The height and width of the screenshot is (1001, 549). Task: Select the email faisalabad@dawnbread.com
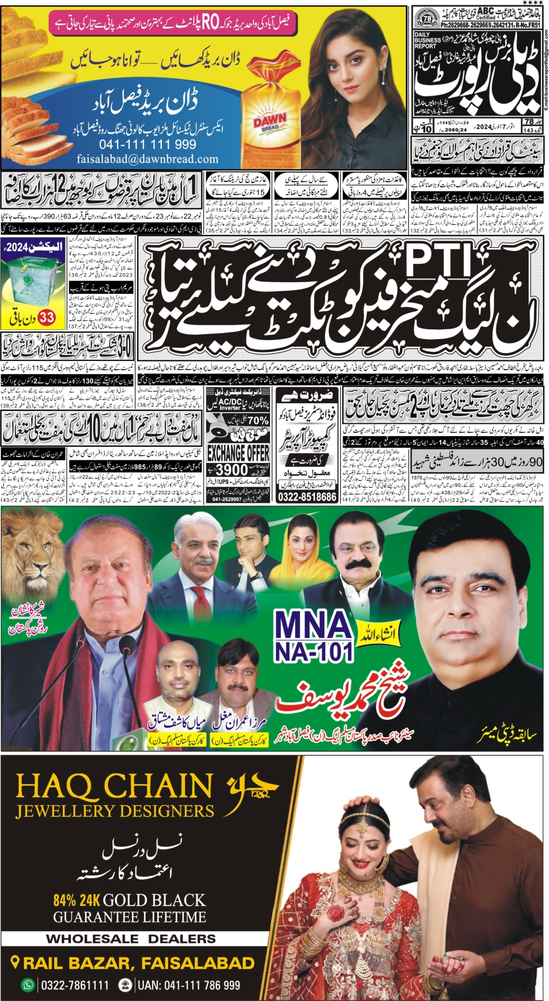pyautogui.click(x=147, y=159)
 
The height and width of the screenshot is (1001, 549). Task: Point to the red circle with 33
pyautogui.click(x=47, y=318)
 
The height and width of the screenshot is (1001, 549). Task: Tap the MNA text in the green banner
pyautogui.click(x=313, y=627)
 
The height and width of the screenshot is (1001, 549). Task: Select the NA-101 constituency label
pyautogui.click(x=313, y=651)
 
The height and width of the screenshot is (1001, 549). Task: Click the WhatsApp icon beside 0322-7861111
pyautogui.click(x=27, y=985)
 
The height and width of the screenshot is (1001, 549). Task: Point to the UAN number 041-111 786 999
pyautogui.click(x=188, y=985)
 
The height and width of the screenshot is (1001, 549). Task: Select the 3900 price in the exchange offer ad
pyautogui.click(x=232, y=469)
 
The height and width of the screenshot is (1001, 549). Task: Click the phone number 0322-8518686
pyautogui.click(x=307, y=497)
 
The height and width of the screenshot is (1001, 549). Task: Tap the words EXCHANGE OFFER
pyautogui.click(x=238, y=452)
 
